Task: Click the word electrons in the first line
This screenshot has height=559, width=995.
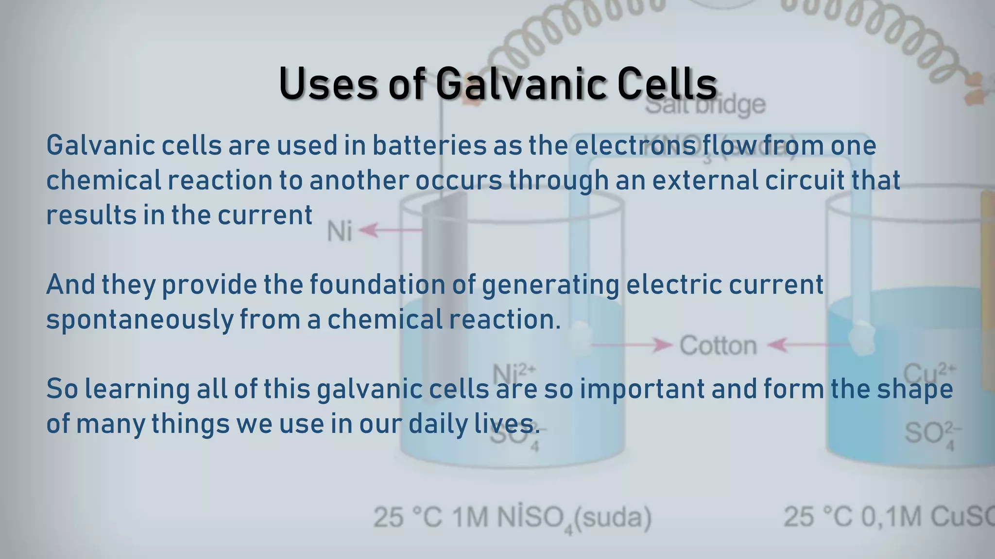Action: (x=635, y=146)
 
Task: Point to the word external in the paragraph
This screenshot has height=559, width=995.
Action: (x=704, y=181)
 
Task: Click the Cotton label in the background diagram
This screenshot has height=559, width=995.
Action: (x=718, y=346)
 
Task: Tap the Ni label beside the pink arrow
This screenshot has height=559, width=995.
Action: (x=339, y=231)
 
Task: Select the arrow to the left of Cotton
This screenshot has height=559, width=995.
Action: (x=632, y=345)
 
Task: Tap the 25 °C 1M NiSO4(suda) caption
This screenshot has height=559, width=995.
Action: (x=513, y=518)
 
